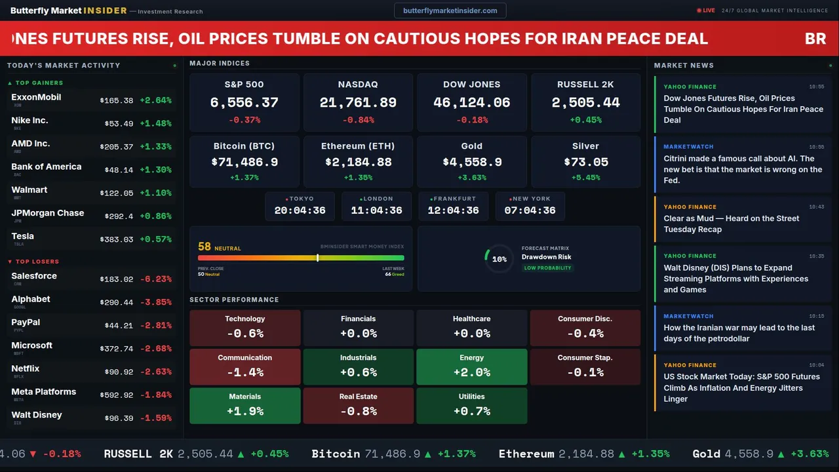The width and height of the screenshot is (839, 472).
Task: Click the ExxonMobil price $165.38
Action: [x=117, y=101]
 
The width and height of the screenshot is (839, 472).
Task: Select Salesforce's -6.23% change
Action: [x=155, y=279]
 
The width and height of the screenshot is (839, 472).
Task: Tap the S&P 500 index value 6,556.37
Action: [x=244, y=103]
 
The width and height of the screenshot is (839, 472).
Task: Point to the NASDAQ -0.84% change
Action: [x=358, y=120]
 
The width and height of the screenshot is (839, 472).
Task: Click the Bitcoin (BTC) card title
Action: [x=244, y=146]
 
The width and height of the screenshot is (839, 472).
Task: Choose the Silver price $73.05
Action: [x=586, y=162]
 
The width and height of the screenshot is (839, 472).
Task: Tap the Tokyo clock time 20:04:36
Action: [x=300, y=210]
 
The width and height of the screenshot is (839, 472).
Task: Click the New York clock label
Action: [x=531, y=199]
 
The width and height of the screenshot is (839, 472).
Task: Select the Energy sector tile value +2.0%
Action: [x=471, y=372]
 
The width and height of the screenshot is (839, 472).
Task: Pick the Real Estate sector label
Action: [x=358, y=397]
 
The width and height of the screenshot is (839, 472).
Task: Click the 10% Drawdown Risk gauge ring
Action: [x=499, y=259]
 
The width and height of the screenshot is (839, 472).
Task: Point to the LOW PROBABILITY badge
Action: [x=547, y=268]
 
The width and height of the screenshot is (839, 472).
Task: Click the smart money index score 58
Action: [x=205, y=246]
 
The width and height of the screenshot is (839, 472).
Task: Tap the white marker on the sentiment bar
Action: [x=317, y=258]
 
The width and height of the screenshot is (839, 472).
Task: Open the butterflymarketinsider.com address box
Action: [x=450, y=10]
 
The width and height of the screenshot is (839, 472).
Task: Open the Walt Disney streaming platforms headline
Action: [x=735, y=279]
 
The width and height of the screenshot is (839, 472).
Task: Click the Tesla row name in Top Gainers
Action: [x=23, y=236]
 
